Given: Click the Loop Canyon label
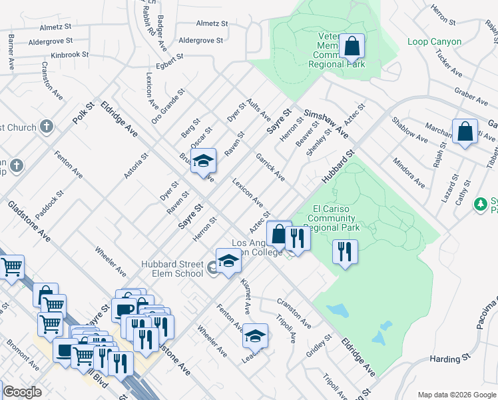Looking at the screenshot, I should click(x=434, y=42).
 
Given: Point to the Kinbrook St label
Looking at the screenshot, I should click(x=70, y=54).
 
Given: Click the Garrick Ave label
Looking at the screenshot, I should click(x=270, y=167).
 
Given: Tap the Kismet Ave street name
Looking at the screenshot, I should click(x=245, y=297).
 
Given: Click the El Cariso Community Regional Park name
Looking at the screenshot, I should click(x=336, y=217).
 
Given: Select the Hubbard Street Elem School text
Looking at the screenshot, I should click(x=172, y=269).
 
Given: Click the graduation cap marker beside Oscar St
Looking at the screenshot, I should click(x=204, y=161).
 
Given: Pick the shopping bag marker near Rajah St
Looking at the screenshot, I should click(x=464, y=132).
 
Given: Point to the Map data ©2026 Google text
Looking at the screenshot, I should click(x=456, y=394).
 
